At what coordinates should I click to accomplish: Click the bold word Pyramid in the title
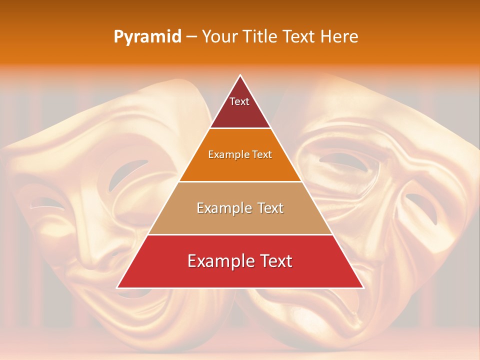coord(147,37)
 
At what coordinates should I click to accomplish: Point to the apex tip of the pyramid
coord(240,75)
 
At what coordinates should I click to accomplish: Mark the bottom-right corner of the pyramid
coord(363,287)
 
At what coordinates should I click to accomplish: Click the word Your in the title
coord(219,36)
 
